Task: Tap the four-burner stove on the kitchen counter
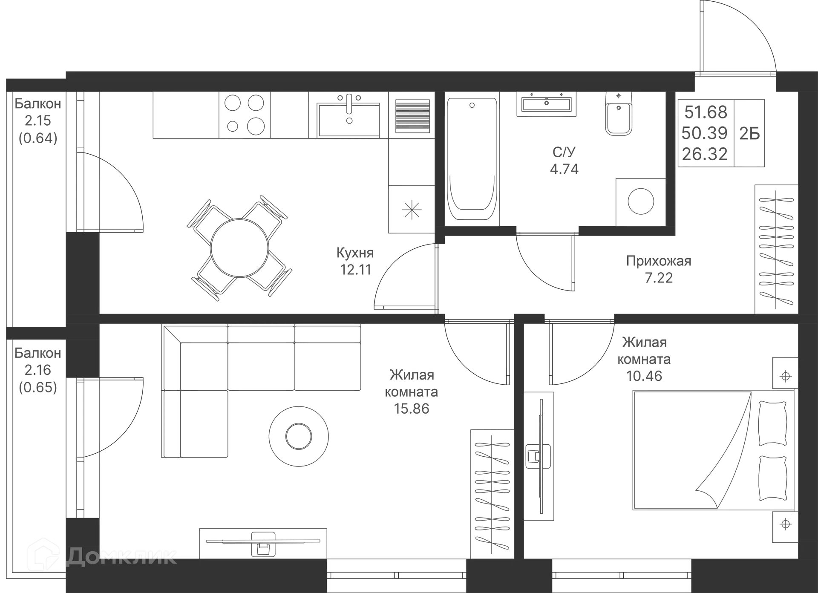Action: (244, 115)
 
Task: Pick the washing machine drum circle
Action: (640, 201)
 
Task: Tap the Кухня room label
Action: (355, 253)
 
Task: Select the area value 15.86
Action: (412, 409)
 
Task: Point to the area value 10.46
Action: (645, 376)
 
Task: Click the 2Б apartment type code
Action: (750, 133)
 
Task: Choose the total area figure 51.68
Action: (706, 112)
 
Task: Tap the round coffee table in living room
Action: (298, 435)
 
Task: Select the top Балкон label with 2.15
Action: (37, 104)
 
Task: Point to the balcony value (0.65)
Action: (37, 387)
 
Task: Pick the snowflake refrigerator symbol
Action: (411, 209)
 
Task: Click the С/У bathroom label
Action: (564, 151)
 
